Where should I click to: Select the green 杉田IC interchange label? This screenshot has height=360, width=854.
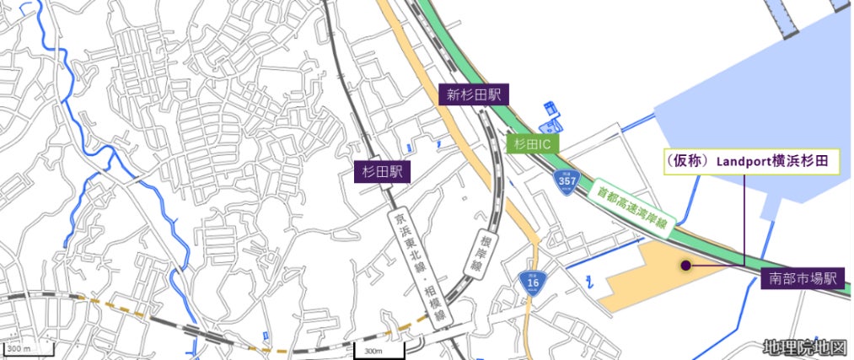pos(533,144)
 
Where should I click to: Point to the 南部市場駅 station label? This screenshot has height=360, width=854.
pos(803,278)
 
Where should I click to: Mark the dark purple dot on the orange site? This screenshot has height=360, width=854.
pos(686,266)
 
